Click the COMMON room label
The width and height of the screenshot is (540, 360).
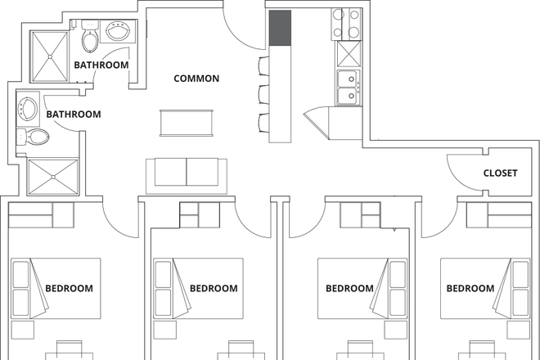[x=196, y=79]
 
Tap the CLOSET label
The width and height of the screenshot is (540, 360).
[x=499, y=173]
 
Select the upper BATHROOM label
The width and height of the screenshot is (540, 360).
[x=101, y=64]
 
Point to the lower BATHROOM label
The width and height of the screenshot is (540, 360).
[x=73, y=115]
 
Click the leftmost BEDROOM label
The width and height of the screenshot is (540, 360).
[x=69, y=288]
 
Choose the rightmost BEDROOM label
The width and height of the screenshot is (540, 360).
[x=470, y=288]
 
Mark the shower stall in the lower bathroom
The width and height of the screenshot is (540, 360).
[x=53, y=175]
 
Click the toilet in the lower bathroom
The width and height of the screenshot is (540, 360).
[x=34, y=137]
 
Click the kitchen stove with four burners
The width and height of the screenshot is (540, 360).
[x=345, y=24]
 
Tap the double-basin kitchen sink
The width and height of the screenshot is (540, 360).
[x=347, y=88]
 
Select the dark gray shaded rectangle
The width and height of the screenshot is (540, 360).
[x=279, y=29]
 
